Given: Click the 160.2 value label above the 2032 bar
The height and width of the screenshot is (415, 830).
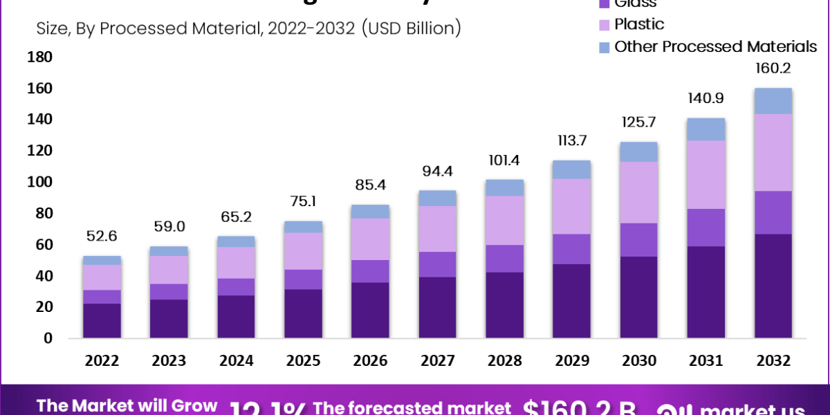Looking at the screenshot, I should click(773, 68).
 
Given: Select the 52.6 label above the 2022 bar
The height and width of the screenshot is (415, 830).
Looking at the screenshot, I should click(102, 236).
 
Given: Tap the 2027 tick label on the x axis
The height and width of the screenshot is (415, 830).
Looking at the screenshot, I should click(437, 361).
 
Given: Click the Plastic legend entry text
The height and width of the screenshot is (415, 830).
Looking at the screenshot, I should click(639, 24).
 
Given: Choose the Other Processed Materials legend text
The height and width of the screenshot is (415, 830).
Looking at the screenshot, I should click(716, 47).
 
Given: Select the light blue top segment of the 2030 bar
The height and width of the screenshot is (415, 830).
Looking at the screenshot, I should click(638, 151).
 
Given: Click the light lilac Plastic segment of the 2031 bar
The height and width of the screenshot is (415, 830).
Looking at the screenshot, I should click(706, 174).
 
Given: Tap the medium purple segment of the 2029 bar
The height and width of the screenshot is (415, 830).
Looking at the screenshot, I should click(571, 249).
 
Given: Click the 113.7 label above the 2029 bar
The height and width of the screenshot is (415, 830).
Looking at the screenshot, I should click(571, 141).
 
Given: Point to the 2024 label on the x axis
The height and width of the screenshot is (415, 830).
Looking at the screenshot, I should click(237, 361).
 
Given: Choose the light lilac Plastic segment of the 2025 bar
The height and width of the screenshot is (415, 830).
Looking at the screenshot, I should click(304, 251).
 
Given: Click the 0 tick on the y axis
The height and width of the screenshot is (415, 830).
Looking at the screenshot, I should click(47, 338).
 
